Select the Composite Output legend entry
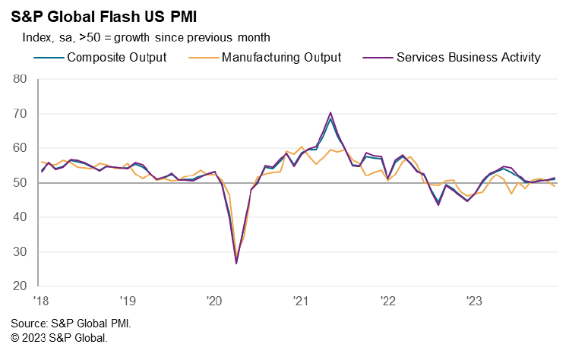coord(116,57)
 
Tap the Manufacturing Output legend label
coord(281,57)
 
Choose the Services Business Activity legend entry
coord(468,57)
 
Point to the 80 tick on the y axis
coord(20,79)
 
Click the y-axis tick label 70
coord(20,114)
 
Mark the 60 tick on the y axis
coord(20,148)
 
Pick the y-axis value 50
coord(20,183)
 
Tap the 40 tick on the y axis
coord(20,217)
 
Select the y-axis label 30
coord(20,252)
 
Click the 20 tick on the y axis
coord(20,286)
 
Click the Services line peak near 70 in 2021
coord(330,112)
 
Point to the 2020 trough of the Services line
coord(236,263)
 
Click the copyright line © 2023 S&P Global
coord(59,337)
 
